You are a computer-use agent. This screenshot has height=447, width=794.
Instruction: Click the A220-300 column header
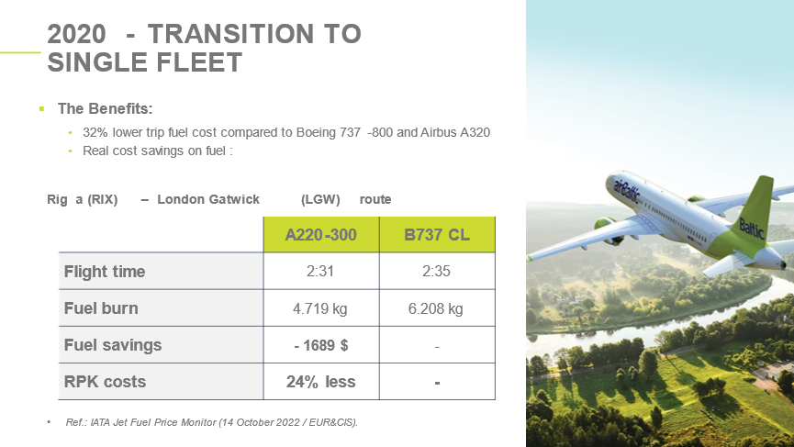(x=321, y=234)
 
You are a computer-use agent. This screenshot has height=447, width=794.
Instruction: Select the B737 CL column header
(x=437, y=234)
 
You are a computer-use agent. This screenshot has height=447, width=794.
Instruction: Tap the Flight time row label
(x=105, y=272)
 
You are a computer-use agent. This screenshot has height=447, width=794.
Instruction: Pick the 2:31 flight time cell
(x=321, y=272)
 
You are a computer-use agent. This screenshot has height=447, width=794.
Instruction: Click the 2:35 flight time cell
(x=437, y=272)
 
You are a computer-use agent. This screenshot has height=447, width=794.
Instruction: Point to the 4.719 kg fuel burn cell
(x=321, y=308)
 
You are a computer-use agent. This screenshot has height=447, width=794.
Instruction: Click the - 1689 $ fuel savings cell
(x=321, y=345)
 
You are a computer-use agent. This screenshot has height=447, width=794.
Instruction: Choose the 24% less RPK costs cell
(x=321, y=382)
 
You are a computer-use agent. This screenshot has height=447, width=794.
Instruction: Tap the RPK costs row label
(x=105, y=382)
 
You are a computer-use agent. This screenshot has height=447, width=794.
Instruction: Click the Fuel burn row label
(x=101, y=308)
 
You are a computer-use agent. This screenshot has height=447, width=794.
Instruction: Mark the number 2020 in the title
(x=76, y=34)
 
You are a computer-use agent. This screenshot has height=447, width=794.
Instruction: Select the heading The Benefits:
(x=106, y=108)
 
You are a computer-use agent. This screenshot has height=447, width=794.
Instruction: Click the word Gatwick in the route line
(x=233, y=199)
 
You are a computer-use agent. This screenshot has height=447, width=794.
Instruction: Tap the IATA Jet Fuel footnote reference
(x=212, y=422)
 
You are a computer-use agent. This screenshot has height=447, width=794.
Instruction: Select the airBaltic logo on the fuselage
(x=627, y=191)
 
